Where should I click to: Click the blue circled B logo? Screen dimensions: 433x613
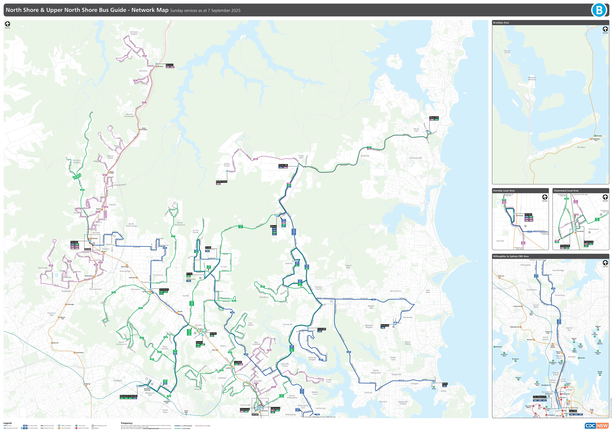[x=599, y=10]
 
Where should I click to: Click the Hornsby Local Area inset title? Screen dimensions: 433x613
[x=504, y=191]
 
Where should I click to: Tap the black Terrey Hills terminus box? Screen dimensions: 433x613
[x=283, y=165]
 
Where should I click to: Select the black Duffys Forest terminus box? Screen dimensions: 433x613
[x=222, y=182]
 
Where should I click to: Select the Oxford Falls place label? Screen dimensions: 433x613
[x=348, y=266]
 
